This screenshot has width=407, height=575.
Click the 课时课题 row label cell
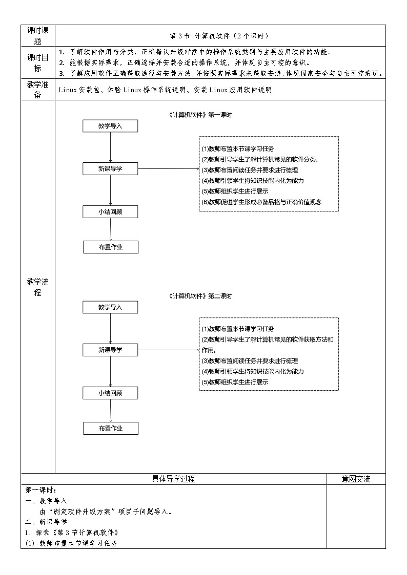(37, 35)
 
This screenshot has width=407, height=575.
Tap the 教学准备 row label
(37, 90)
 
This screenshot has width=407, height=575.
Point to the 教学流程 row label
(37, 287)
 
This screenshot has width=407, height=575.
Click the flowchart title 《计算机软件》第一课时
(200, 115)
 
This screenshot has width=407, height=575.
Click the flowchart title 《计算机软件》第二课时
(200, 296)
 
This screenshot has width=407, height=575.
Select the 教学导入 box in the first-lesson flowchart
(110, 126)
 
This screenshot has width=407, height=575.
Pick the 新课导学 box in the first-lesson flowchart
(110, 168)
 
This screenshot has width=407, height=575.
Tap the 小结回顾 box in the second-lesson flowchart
(110, 393)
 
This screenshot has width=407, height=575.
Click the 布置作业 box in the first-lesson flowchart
(111, 247)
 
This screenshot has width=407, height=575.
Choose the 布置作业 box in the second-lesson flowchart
(111, 428)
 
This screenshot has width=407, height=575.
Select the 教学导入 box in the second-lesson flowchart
(110, 307)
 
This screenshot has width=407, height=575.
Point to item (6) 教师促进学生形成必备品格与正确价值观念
(261, 202)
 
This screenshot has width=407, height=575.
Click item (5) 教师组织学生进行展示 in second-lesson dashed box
(235, 382)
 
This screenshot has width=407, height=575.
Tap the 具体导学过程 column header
(173, 479)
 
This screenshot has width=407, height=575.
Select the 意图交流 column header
(356, 479)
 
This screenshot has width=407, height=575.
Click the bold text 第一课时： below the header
(41, 490)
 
